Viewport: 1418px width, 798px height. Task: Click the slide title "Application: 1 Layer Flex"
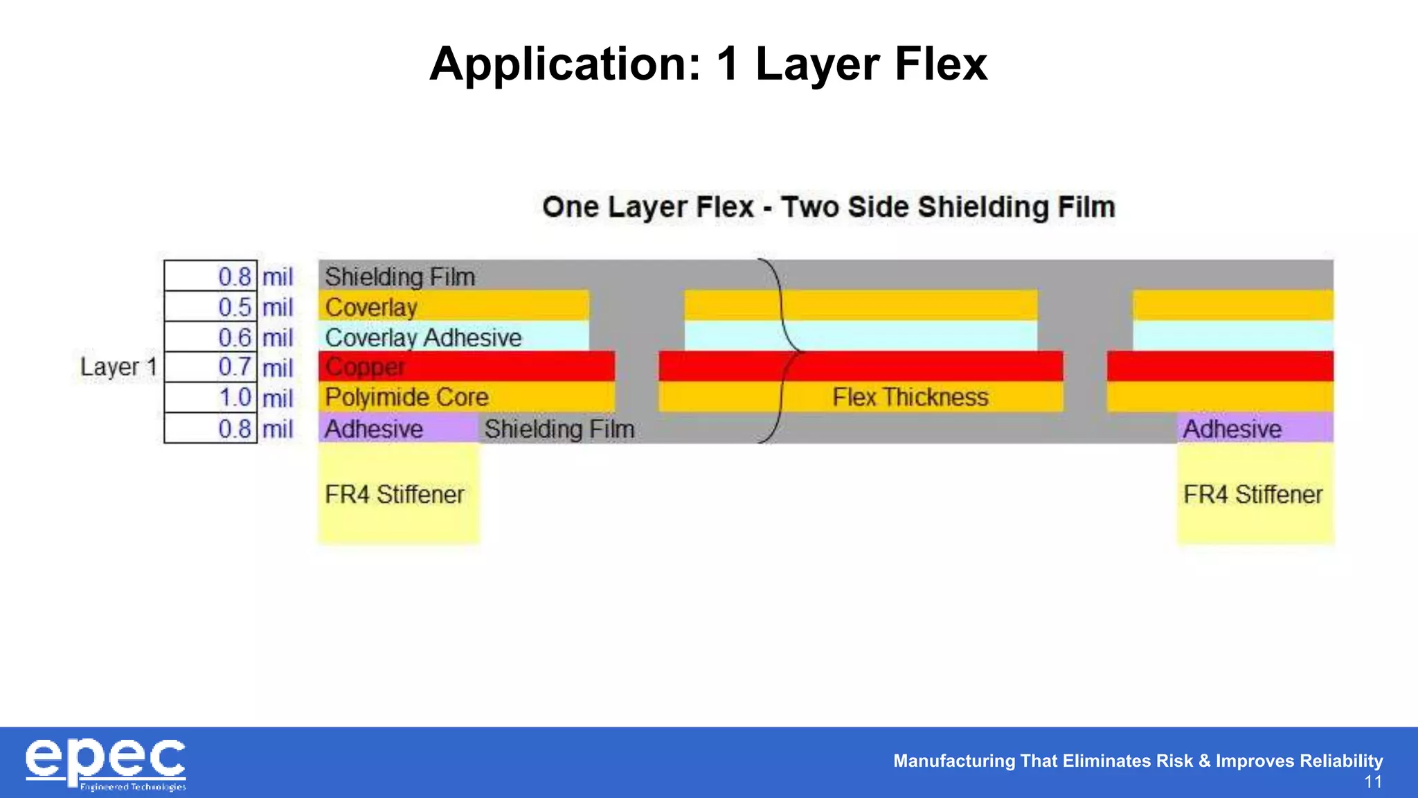coord(708,64)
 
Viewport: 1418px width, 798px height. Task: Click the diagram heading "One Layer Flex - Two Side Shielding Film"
coord(828,207)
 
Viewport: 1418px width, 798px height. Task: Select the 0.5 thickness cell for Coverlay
coord(210,307)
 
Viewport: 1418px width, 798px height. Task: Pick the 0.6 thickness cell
coord(210,337)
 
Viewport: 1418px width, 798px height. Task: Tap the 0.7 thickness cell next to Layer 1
coord(210,367)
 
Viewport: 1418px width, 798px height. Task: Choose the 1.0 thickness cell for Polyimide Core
coord(210,398)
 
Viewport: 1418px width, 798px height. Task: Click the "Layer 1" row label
coord(118,366)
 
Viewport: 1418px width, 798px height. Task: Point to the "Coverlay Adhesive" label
coord(423,337)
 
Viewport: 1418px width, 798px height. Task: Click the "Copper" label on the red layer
coord(365,366)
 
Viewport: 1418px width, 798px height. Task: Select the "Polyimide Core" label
coord(406,398)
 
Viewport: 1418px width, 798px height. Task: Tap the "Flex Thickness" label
coord(910,398)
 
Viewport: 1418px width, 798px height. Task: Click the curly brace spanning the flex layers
coord(782,351)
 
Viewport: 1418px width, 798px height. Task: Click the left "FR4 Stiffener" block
coord(398,494)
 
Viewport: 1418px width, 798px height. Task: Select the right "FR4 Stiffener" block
coord(1255,494)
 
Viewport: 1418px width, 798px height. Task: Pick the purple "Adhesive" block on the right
coord(1255,429)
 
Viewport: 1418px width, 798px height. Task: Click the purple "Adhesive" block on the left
coord(397,429)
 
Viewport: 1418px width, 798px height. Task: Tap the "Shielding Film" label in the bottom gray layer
coord(559,429)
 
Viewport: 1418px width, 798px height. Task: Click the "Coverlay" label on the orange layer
coord(371,307)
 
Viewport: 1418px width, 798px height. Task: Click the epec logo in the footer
coord(105,763)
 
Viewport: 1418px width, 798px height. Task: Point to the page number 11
coord(1373,782)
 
